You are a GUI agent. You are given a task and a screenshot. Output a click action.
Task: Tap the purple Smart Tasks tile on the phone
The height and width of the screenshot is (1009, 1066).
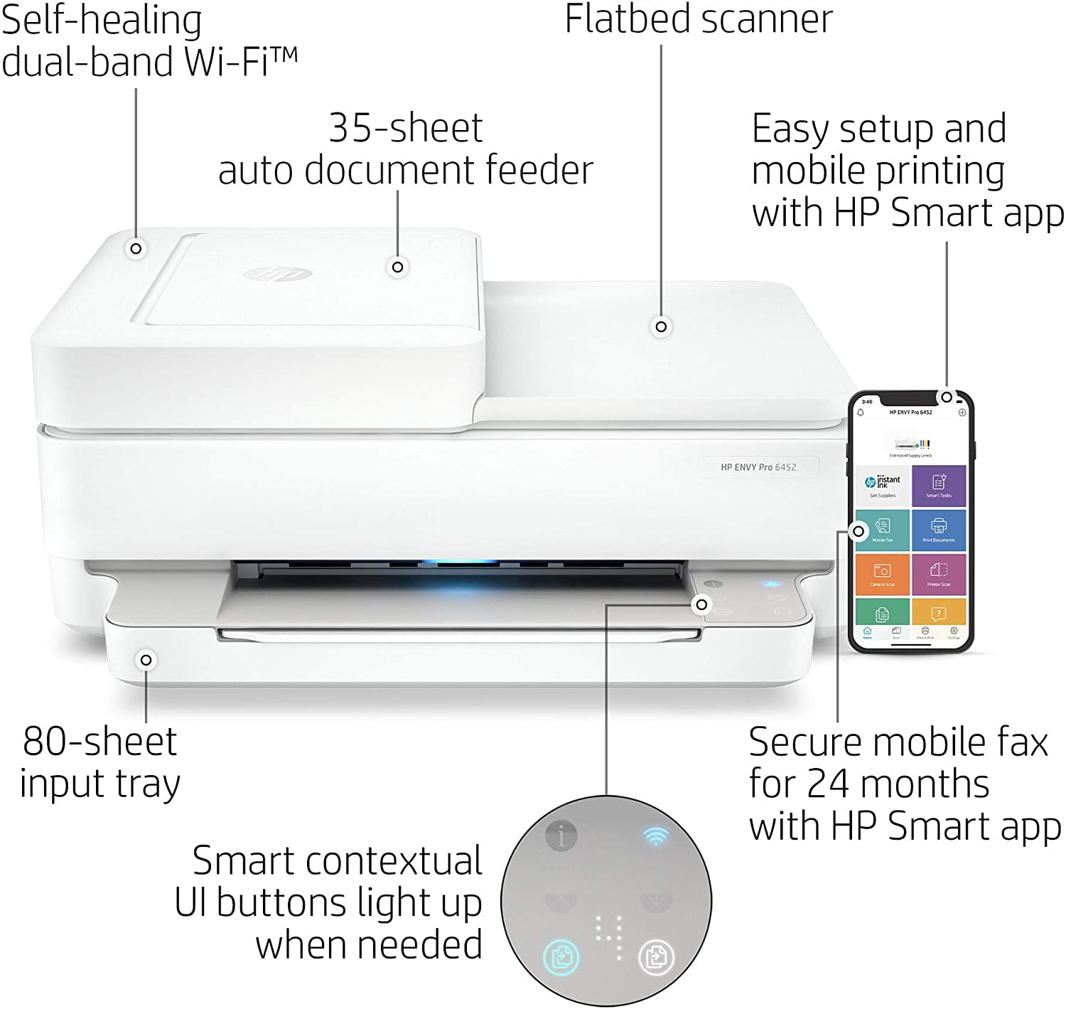[939, 486]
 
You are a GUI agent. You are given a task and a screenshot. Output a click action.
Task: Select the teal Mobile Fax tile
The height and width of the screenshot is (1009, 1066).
[883, 529]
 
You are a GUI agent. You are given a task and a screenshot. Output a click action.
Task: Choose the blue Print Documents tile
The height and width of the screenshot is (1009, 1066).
[939, 529]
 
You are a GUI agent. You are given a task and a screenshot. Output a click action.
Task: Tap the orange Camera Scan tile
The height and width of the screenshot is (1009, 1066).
[883, 574]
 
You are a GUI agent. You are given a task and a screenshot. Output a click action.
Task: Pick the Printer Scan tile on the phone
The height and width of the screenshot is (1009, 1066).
[939, 574]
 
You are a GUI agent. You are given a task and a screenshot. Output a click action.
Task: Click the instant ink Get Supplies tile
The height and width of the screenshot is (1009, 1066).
[883, 486]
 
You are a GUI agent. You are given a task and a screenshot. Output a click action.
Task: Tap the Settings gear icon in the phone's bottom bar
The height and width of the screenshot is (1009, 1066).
[954, 631]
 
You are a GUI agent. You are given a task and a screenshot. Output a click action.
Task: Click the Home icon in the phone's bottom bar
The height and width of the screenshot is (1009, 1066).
[867, 631]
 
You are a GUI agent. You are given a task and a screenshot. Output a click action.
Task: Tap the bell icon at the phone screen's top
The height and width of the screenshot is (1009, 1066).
[861, 412]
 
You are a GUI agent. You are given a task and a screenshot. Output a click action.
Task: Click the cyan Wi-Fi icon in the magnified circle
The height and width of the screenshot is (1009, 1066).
[655, 836]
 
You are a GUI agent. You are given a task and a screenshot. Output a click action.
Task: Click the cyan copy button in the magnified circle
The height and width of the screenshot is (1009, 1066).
[561, 956]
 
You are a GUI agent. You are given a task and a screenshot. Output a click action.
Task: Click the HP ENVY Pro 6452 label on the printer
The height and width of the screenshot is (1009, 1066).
[758, 467]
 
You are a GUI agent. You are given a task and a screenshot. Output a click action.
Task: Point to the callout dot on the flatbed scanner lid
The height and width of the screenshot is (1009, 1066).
[661, 326]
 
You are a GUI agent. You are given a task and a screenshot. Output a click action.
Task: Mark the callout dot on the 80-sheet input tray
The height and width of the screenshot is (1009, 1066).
[146, 660]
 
